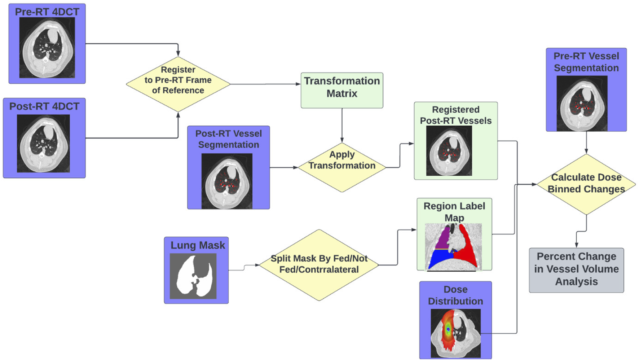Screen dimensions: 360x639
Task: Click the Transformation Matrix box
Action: [341, 90]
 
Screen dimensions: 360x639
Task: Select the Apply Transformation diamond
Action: [341, 167]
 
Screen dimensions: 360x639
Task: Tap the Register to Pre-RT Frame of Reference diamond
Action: [178, 84]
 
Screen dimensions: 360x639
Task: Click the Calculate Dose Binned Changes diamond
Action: [586, 184]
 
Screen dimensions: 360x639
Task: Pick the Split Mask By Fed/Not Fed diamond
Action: [319, 265]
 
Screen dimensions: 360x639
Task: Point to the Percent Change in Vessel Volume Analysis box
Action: [576, 269]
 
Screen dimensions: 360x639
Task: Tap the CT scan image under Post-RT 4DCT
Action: [43, 143]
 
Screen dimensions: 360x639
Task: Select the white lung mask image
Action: [193, 276]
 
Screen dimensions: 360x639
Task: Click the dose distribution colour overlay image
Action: [455, 333]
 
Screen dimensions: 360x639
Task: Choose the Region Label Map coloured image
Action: [454, 247]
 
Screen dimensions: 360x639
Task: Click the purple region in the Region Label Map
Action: [443, 238]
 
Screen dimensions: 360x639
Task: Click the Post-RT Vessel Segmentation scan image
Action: [227, 181]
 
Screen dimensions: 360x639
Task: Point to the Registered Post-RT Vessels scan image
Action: [449, 151]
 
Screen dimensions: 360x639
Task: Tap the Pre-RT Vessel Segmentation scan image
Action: [582, 103]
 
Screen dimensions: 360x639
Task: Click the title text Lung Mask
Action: [198, 245]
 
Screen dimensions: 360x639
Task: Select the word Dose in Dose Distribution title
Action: [455, 289]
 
